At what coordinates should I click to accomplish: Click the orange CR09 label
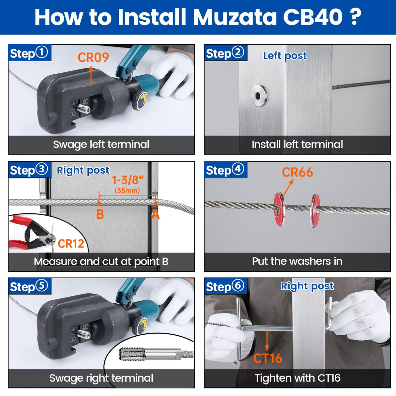(x=93, y=57)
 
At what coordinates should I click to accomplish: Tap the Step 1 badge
(x=29, y=53)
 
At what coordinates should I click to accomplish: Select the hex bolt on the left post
(x=259, y=95)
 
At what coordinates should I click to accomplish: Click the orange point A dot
(x=156, y=203)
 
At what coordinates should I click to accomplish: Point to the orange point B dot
(x=99, y=203)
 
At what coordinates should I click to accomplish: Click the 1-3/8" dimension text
(x=128, y=180)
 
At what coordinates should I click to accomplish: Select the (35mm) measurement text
(x=127, y=190)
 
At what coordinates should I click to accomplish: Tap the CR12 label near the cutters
(x=71, y=244)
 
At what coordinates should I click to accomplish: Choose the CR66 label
(x=297, y=172)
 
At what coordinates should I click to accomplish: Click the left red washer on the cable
(x=279, y=209)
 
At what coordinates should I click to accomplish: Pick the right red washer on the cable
(x=315, y=210)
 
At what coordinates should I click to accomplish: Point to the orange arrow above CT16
(x=267, y=341)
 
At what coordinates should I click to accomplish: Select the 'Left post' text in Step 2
(x=285, y=56)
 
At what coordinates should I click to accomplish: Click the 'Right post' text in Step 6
(x=307, y=286)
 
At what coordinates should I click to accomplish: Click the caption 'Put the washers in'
(x=297, y=261)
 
